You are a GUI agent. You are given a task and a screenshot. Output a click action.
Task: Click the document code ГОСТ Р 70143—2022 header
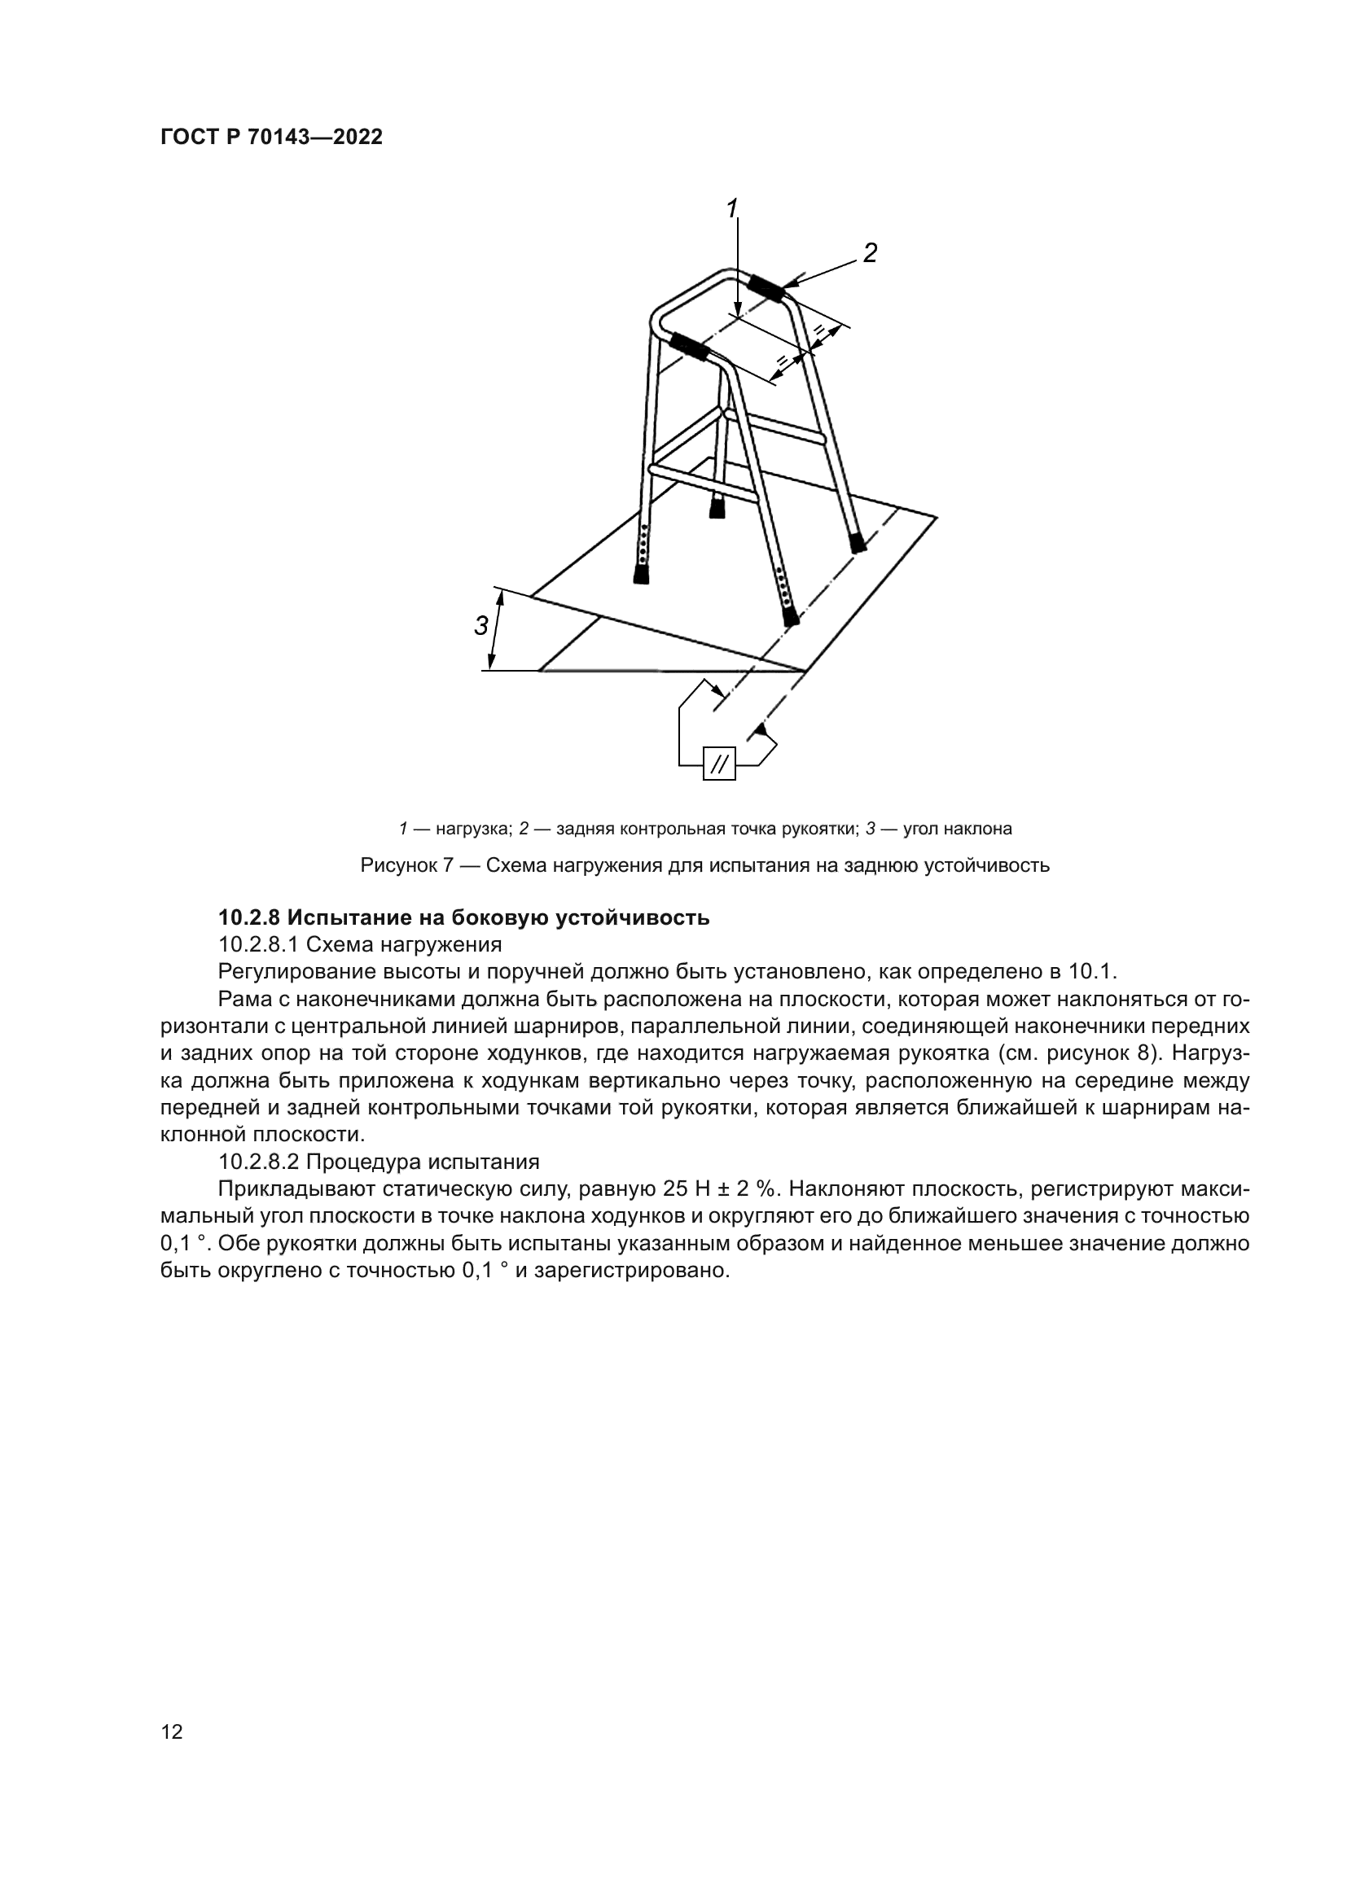tap(271, 138)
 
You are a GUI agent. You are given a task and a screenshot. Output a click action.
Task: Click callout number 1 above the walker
tap(731, 209)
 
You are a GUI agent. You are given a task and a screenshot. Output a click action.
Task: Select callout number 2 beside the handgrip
tap(869, 253)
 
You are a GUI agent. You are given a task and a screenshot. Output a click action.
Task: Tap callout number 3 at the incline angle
tap(481, 626)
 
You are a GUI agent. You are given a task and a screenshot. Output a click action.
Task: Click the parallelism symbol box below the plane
tap(719, 763)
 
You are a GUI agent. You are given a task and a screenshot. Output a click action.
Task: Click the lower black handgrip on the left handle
tap(689, 346)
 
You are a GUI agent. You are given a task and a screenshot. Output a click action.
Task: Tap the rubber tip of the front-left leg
tap(641, 574)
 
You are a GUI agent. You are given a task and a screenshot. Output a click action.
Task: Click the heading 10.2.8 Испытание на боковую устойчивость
tap(463, 918)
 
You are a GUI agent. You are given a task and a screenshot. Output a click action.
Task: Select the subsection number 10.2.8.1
tap(257, 944)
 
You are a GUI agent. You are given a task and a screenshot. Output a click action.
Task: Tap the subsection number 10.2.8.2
tap(257, 1162)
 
